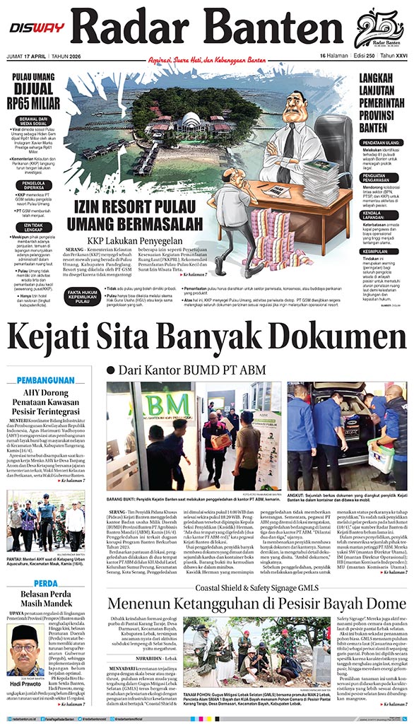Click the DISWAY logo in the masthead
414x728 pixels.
(x=36, y=28)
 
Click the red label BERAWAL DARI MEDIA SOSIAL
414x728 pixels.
(x=34, y=123)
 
